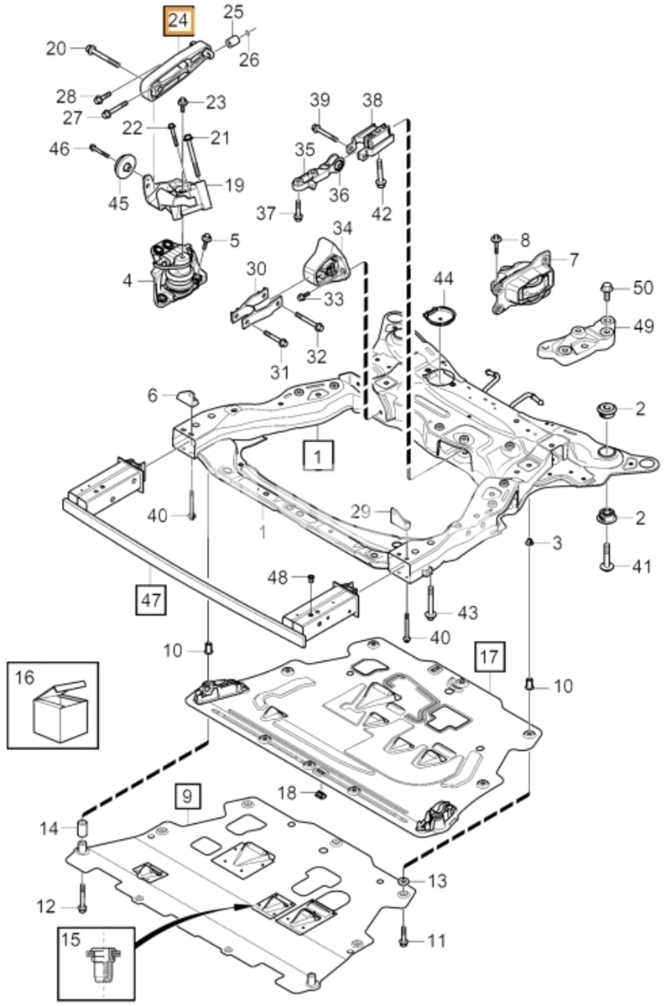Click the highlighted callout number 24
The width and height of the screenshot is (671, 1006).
179,22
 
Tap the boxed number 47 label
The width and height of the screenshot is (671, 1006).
151,599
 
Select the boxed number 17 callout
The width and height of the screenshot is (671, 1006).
490,656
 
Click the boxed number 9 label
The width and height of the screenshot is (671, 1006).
187,796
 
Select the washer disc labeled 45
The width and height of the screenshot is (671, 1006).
124,169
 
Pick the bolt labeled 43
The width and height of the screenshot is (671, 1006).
430,597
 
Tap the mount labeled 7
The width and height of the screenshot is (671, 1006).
523,282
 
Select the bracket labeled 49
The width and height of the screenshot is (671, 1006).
576,340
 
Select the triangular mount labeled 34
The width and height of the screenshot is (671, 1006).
327,264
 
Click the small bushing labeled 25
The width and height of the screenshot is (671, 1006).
231,43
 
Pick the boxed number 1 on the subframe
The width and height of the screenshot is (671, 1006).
319,456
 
